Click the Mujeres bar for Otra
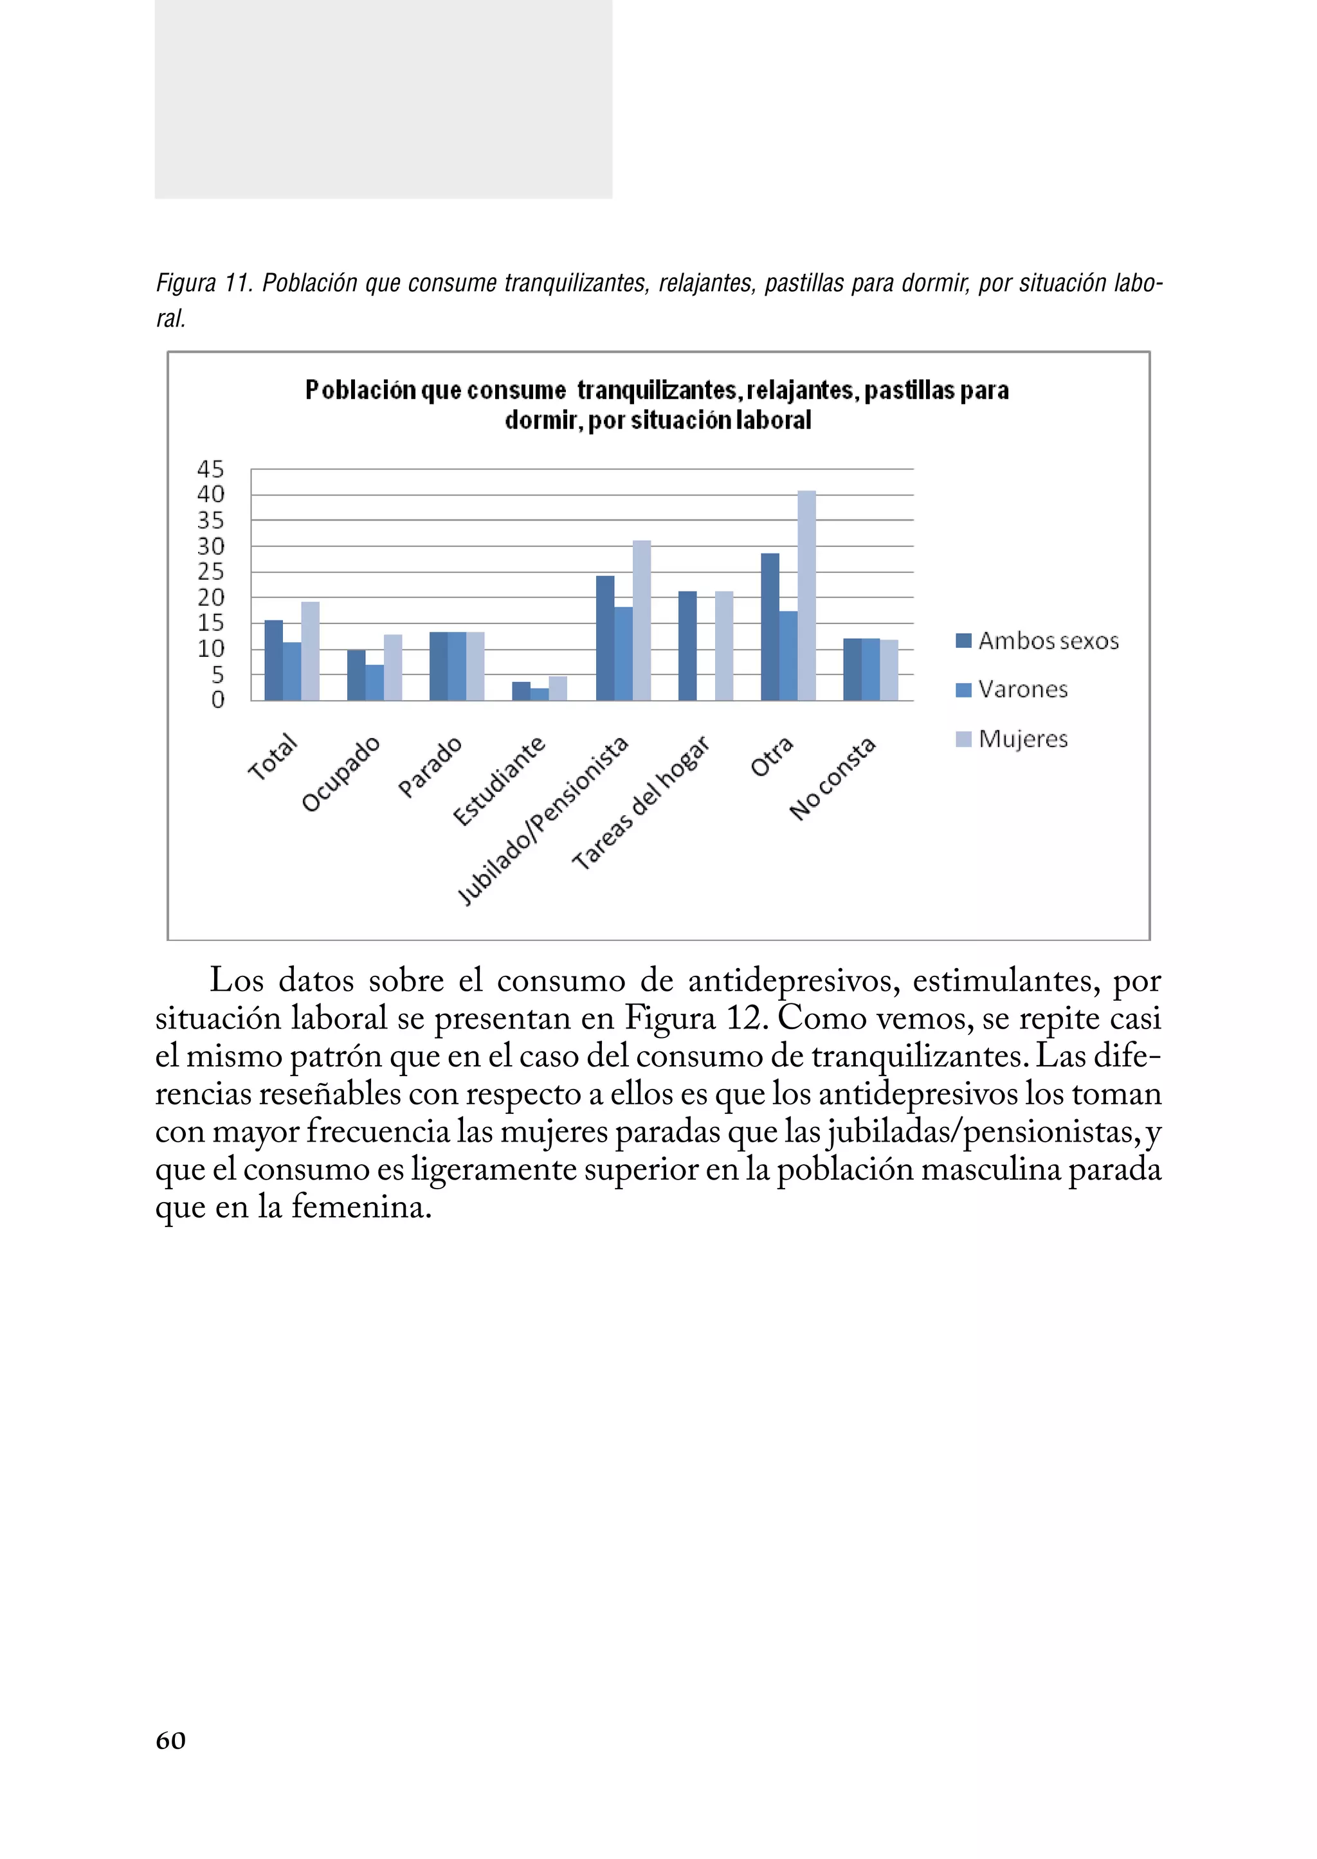click(806, 596)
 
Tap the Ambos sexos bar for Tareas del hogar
click(687, 646)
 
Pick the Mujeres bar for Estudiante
click(558, 688)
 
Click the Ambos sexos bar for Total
click(273, 660)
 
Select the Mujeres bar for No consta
click(889, 670)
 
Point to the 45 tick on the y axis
click(210, 469)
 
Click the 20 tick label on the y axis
click(210, 598)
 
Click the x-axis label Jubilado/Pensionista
click(543, 820)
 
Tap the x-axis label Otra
click(770, 757)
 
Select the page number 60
click(170, 1740)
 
